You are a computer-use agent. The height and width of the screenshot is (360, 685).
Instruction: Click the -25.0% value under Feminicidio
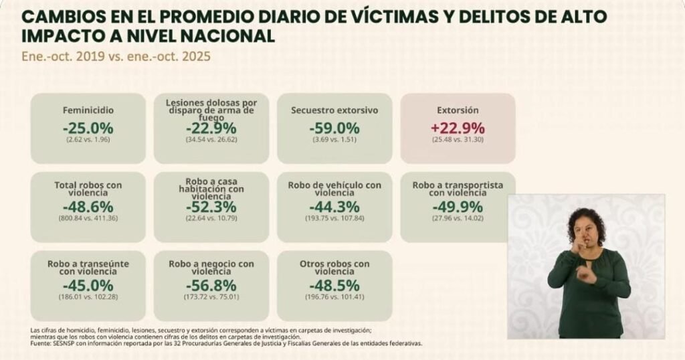pyautogui.click(x=88, y=128)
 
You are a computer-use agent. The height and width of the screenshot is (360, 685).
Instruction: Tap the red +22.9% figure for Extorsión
pyautogui.click(x=458, y=128)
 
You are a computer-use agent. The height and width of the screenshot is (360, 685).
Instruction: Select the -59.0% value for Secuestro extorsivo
pyautogui.click(x=334, y=128)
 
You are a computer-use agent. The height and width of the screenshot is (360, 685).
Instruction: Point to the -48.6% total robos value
pyautogui.click(x=88, y=207)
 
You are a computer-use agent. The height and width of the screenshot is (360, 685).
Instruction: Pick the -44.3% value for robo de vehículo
pyautogui.click(x=334, y=207)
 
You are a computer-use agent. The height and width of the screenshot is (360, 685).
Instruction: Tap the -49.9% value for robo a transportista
pyautogui.click(x=458, y=207)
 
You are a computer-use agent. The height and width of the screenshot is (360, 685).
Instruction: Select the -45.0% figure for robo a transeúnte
pyautogui.click(x=88, y=286)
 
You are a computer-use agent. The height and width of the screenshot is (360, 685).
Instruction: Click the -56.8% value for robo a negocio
pyautogui.click(x=211, y=286)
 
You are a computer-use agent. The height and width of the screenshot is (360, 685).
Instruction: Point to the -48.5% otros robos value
pyautogui.click(x=334, y=286)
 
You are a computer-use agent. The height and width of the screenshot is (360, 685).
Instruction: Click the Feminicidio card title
pyautogui.click(x=88, y=110)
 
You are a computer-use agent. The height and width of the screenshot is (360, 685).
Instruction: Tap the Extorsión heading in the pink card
pyautogui.click(x=458, y=110)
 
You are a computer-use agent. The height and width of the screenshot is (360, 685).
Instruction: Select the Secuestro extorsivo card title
pyautogui.click(x=334, y=110)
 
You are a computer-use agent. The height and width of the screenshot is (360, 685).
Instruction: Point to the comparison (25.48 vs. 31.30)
pyautogui.click(x=458, y=139)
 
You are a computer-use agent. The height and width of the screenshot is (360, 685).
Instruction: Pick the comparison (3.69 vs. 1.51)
pyautogui.click(x=334, y=139)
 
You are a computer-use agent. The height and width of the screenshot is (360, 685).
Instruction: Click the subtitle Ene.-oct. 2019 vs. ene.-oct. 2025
pyautogui.click(x=116, y=57)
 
